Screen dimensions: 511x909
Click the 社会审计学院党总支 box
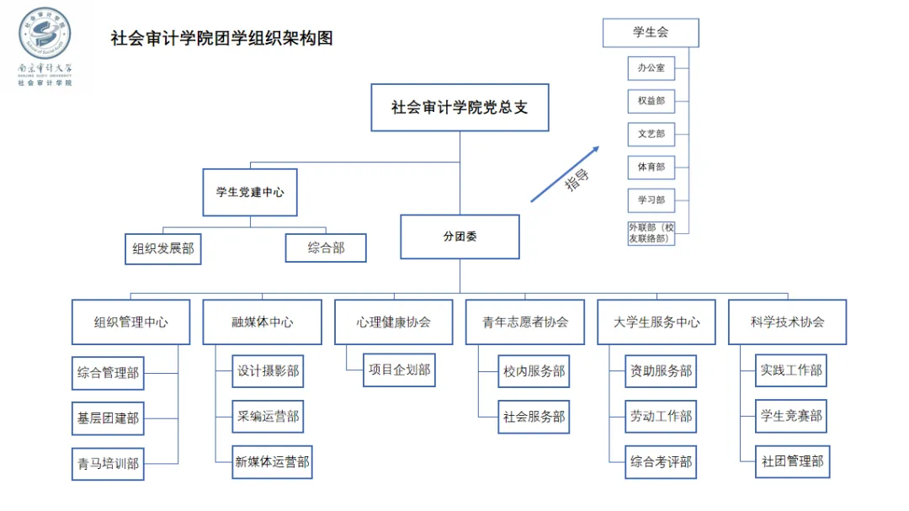(x=460, y=107)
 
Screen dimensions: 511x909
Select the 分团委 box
(x=460, y=237)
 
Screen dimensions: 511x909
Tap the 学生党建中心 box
(x=250, y=192)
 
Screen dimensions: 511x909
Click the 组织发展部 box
(x=163, y=249)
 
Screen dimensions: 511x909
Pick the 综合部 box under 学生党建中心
(x=326, y=248)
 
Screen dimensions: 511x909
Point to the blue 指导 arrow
(x=565, y=174)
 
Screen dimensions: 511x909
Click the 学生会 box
(x=651, y=33)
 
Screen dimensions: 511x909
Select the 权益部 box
(x=651, y=101)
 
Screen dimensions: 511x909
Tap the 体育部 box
(x=651, y=168)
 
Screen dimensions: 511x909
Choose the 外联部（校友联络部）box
(x=651, y=233)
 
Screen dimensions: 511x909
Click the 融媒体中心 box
(x=262, y=322)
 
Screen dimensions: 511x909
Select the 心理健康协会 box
(x=394, y=322)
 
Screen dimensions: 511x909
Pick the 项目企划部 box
(x=400, y=370)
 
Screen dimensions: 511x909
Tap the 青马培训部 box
(x=108, y=463)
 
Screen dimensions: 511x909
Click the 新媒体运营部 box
(x=272, y=462)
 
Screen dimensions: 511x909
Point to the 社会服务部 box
(x=534, y=417)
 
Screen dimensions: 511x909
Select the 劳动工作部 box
(x=661, y=417)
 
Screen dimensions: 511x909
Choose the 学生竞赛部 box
(x=791, y=416)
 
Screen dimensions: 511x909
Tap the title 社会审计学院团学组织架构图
(x=222, y=39)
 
